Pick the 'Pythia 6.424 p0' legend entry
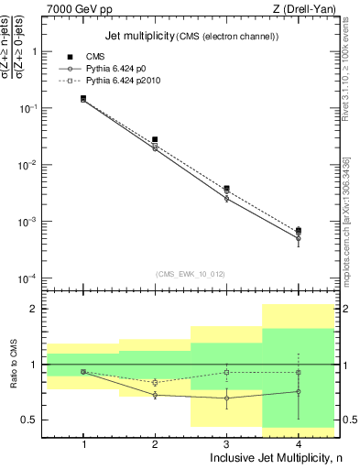pyautogui.click(x=115, y=69)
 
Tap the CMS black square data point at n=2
pyautogui.click(x=155, y=139)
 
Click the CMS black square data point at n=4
pyautogui.click(x=298, y=231)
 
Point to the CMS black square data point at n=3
pyautogui.click(x=226, y=188)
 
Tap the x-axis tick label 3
pyautogui.click(x=226, y=443)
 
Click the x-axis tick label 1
pyautogui.click(x=83, y=443)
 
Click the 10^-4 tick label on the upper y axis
pyautogui.click(x=32, y=278)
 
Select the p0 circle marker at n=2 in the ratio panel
pyautogui.click(x=155, y=395)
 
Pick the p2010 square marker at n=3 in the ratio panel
pyautogui.click(x=226, y=372)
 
